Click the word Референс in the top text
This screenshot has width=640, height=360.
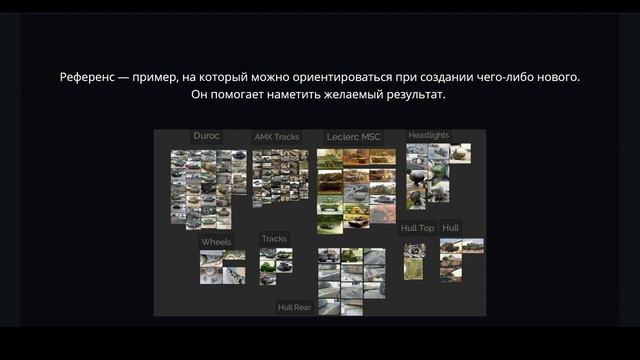(x=88, y=77)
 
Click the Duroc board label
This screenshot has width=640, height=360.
(x=206, y=136)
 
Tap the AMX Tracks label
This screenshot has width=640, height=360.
(x=276, y=137)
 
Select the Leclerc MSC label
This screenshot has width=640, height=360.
(x=354, y=137)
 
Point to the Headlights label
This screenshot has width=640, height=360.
(x=429, y=136)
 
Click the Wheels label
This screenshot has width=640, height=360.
(x=216, y=242)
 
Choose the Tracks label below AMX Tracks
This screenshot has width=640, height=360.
(x=274, y=239)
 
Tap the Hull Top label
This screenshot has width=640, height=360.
(x=417, y=228)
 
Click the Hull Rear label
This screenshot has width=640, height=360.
(x=295, y=307)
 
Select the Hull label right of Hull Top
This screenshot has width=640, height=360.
(x=451, y=228)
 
